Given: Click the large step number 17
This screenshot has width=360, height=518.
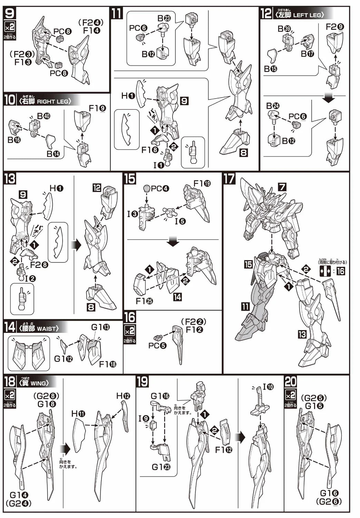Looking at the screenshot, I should click(229, 179).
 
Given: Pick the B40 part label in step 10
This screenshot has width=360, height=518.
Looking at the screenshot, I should click(43, 116).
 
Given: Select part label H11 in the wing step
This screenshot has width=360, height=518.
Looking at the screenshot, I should click(78, 413).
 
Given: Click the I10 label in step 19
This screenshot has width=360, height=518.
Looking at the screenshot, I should click(268, 387).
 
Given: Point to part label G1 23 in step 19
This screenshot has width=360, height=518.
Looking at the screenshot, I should click(161, 467).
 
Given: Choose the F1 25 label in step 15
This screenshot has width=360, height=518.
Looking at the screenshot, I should click(144, 301).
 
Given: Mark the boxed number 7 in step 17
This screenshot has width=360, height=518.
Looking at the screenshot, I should click(282, 187).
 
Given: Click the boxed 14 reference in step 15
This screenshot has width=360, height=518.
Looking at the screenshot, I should click(177, 297).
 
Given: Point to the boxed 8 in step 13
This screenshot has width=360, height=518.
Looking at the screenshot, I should click(91, 307).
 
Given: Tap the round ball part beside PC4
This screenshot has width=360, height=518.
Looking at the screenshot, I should click(147, 189).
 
